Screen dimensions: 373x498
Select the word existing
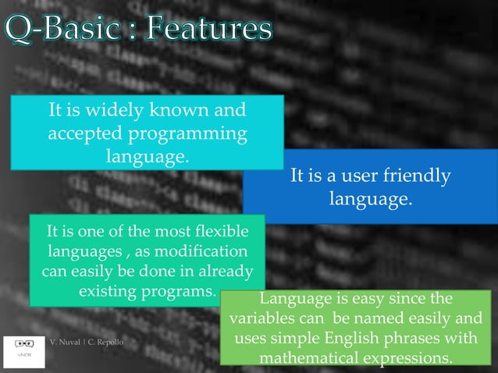(x=107, y=293)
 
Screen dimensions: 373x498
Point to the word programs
(x=181, y=293)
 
